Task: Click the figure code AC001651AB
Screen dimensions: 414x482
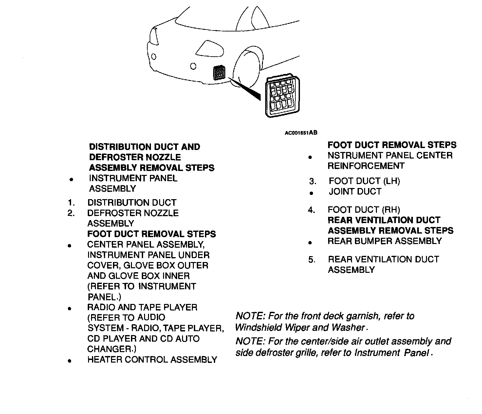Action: [x=301, y=133]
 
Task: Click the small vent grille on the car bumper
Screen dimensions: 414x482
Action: [x=219, y=73]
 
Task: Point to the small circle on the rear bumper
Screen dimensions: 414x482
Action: [x=193, y=67]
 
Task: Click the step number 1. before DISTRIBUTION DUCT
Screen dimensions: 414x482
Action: [x=71, y=203]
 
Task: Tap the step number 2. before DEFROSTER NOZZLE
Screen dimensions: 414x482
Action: [x=71, y=213]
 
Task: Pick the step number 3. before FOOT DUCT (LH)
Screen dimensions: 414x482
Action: [x=313, y=181]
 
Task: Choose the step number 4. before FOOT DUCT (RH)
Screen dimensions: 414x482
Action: [x=311, y=210]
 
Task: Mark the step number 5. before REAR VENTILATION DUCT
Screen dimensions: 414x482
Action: [x=312, y=260]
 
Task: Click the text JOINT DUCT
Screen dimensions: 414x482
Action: [x=355, y=192]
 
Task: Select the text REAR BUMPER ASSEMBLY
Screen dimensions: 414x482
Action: [x=385, y=241]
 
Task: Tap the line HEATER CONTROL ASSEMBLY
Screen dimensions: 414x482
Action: [x=152, y=360]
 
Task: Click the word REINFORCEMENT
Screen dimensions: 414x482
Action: [x=366, y=166]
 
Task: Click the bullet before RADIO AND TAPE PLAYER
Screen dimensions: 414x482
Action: [x=69, y=308]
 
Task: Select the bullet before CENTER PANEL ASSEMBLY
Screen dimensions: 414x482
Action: [x=69, y=245]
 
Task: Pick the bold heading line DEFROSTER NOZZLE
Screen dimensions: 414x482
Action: [x=135, y=157]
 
